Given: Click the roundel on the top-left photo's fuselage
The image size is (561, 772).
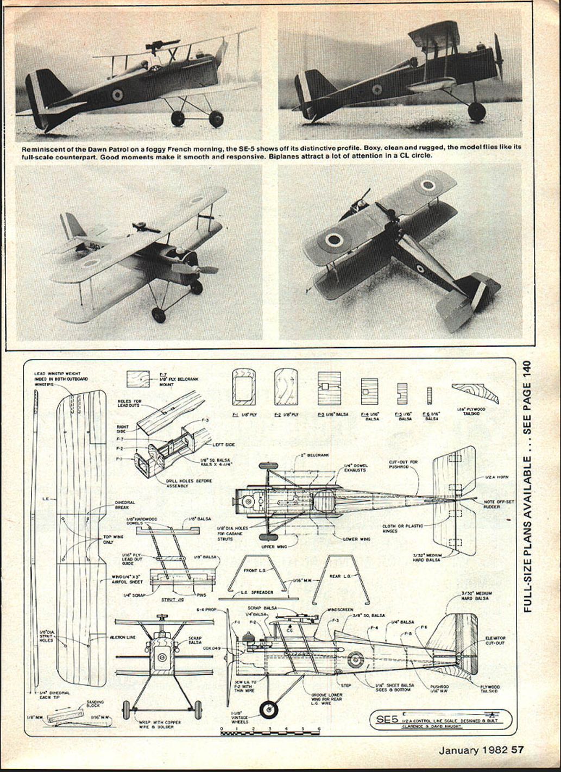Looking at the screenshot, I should pos(117,96).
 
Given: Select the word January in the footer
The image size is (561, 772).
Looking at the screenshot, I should pos(459,750).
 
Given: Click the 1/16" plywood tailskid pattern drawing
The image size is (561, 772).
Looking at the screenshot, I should pos(471,393).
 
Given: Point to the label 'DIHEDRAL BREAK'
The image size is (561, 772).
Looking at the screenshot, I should pos(125,505).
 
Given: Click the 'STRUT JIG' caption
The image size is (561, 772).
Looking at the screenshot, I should pos(172,600).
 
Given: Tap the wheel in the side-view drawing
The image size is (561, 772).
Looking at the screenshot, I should pos(267,708).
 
